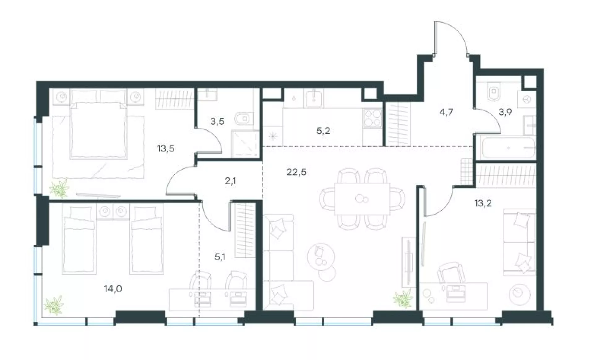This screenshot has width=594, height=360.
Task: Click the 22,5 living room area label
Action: (x=296, y=172)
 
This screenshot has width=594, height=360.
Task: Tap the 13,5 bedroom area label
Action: (x=166, y=149)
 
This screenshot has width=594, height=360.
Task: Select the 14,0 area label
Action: (x=113, y=289)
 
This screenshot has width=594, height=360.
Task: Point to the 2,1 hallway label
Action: (x=230, y=181)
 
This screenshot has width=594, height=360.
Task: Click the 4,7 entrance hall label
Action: (x=446, y=112)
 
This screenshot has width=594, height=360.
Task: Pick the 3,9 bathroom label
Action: (x=505, y=112)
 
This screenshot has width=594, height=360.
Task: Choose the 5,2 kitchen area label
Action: (x=323, y=131)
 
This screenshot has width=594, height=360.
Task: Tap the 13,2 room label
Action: (x=483, y=203)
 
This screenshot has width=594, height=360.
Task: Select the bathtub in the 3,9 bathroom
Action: (x=508, y=148)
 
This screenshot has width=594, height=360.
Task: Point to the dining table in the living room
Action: (x=362, y=199)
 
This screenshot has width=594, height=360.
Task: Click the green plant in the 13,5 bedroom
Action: (x=59, y=189)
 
